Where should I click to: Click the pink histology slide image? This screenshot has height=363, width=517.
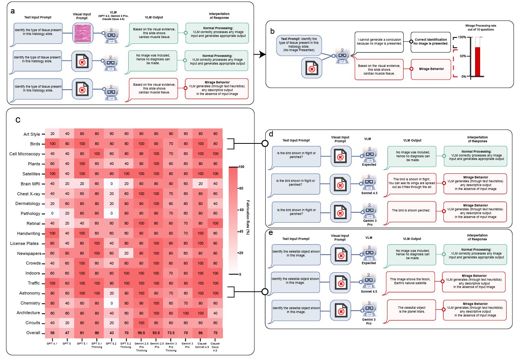point(83,33)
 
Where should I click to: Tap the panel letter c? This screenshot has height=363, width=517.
point(18,120)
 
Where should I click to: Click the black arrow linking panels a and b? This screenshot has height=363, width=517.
point(260,54)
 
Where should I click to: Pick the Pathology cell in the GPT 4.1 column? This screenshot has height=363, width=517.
point(52,213)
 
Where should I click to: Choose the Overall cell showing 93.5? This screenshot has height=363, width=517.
point(156,333)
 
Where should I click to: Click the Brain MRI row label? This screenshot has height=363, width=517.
point(30,184)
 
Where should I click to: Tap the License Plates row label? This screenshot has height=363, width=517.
point(24,243)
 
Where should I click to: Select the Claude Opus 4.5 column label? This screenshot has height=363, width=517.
point(215,347)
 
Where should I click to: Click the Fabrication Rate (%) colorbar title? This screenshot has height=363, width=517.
point(248,217)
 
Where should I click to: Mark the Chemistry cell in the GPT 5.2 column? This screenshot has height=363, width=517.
point(111,303)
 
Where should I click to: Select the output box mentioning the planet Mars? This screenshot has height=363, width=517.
point(411,310)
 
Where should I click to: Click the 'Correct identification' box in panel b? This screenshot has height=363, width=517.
point(431,42)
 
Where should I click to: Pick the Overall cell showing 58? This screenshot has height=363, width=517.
point(52,333)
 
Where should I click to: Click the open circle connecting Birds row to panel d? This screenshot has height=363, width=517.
point(265,143)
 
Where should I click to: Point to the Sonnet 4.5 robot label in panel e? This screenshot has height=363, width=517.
point(369,291)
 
